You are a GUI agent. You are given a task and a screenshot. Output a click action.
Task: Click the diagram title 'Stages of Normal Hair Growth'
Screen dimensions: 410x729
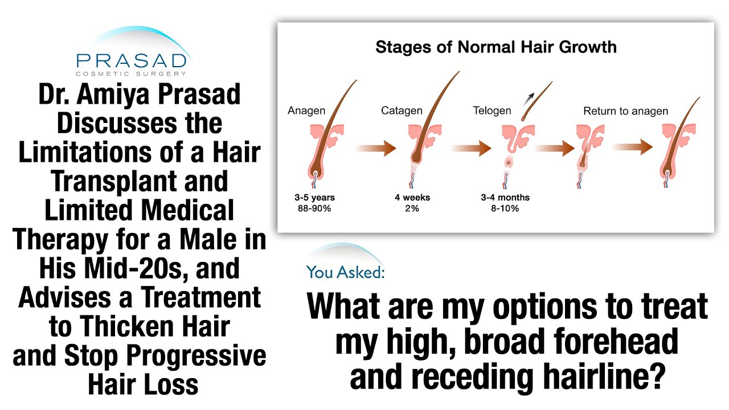[x=495, y=46]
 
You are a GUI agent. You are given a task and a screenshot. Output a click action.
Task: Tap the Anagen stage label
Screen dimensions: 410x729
[x=306, y=111]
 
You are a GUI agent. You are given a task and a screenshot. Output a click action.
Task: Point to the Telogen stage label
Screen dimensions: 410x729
[x=492, y=111]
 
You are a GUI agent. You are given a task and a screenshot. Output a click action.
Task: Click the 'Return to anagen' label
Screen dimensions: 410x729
[x=625, y=111]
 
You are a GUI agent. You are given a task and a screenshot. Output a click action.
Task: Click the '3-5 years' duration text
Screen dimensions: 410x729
[x=314, y=198]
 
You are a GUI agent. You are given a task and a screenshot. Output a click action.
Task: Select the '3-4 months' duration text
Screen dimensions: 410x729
[x=505, y=198]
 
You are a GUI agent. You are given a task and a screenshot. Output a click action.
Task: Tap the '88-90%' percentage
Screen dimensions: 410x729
[x=314, y=208]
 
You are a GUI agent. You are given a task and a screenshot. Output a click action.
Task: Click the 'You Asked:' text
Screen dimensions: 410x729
[x=346, y=272]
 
